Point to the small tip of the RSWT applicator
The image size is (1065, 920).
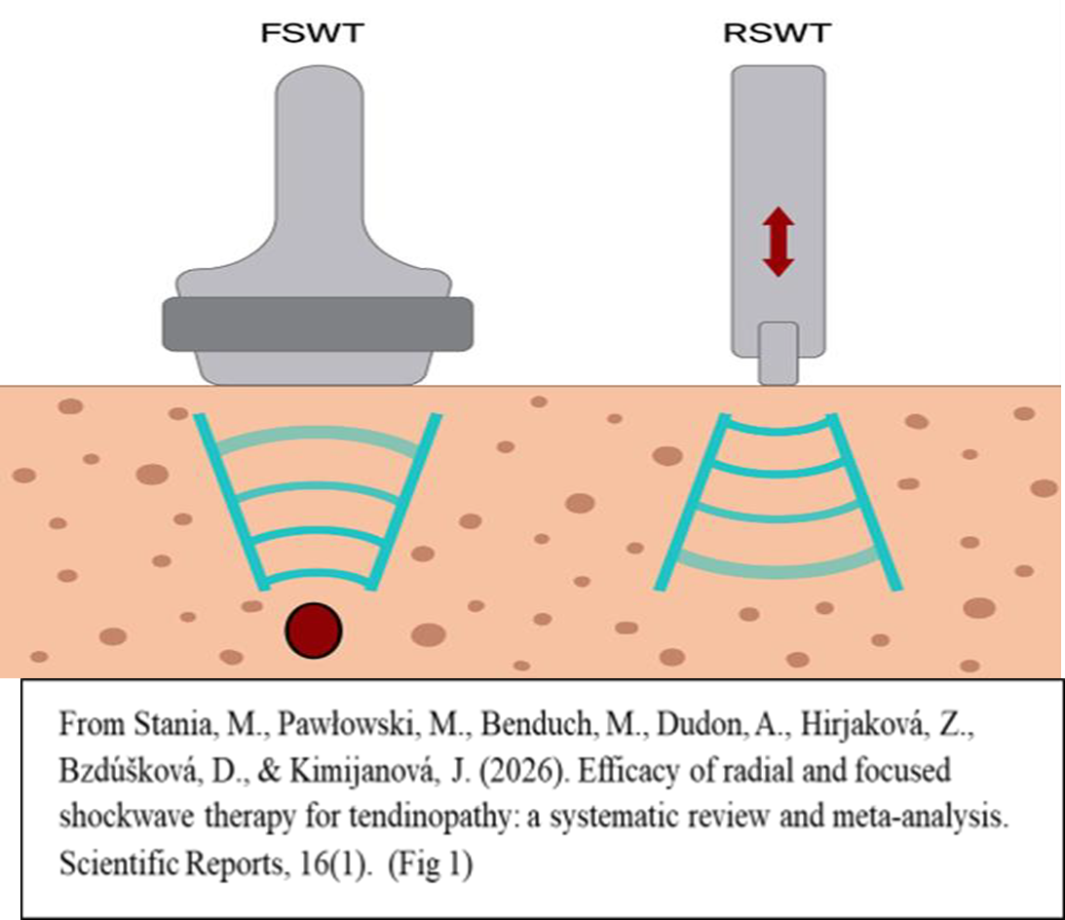click(778, 353)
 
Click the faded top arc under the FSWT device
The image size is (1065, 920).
click(318, 437)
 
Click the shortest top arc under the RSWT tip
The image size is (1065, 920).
click(778, 426)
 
